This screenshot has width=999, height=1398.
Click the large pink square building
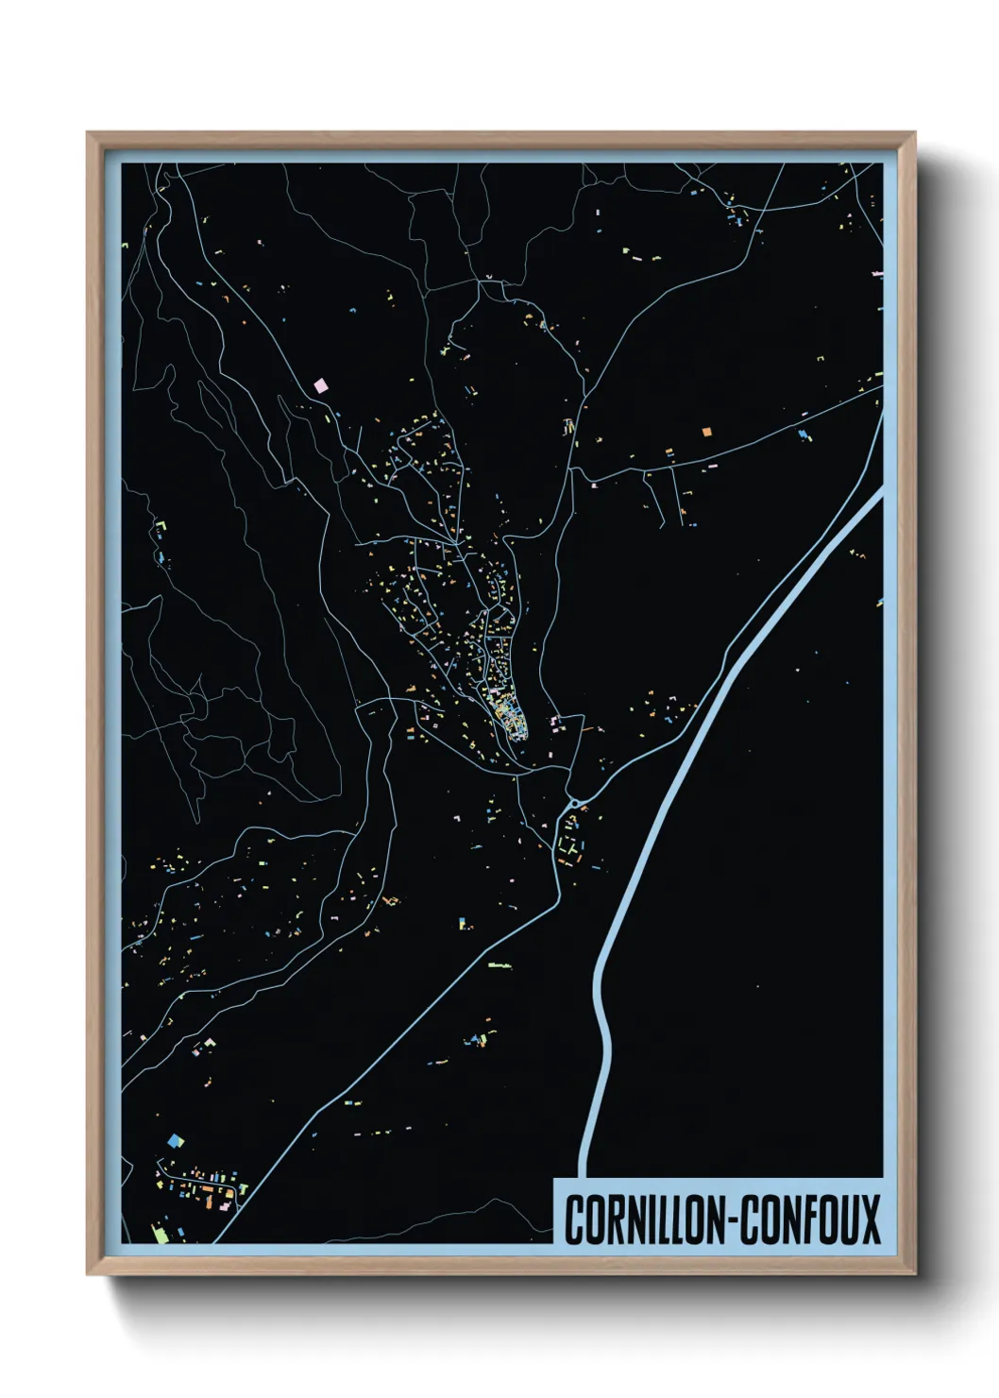(x=320, y=385)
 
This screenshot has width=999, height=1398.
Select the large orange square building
(x=705, y=432)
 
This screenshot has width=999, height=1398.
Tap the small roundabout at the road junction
(x=573, y=804)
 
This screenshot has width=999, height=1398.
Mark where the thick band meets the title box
(x=584, y=1175)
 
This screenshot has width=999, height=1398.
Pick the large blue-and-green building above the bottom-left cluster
(x=174, y=1141)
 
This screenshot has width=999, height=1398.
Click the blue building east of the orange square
(x=804, y=435)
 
